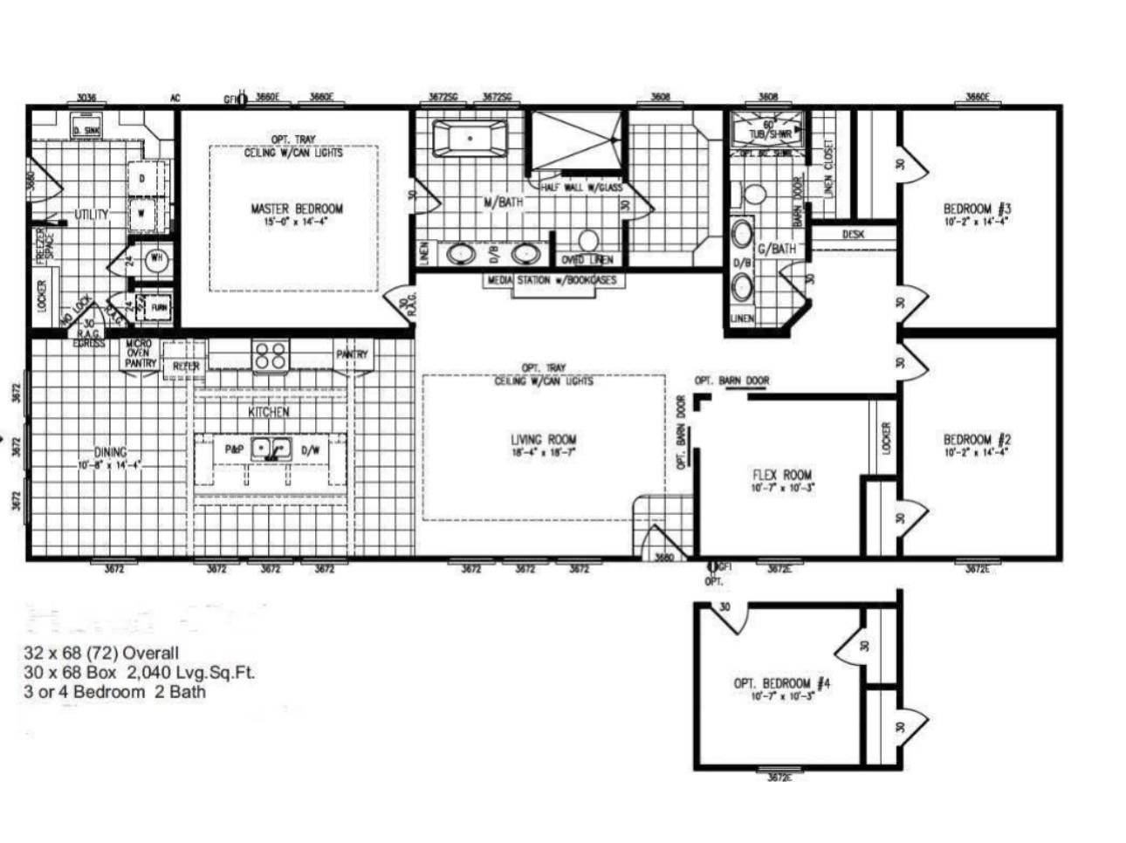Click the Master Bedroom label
297,209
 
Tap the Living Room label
543,440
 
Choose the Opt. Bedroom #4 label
781,683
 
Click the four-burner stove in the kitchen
270,355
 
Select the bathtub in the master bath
470,138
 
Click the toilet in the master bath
589,239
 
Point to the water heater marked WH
158,258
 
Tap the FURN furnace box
160,307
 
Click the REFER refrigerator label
186,367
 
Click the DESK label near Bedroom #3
853,235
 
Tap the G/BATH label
776,250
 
